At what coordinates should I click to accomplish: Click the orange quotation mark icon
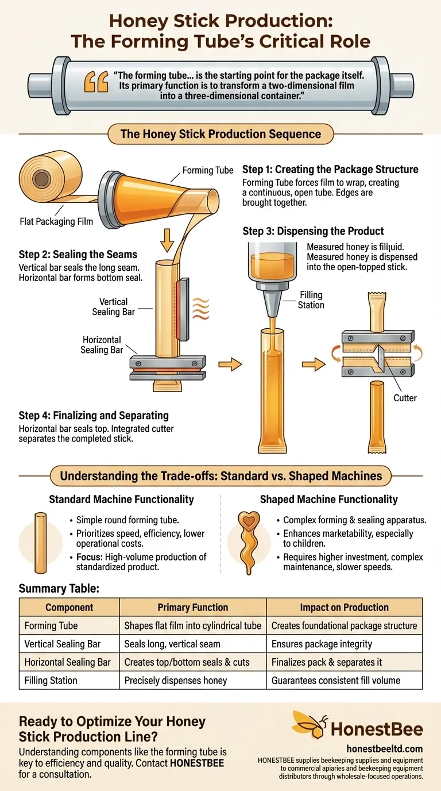[96, 82]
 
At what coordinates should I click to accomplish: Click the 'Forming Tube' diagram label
[208, 170]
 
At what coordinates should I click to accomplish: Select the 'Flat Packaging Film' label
[56, 220]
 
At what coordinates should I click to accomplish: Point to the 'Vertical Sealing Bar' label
[114, 306]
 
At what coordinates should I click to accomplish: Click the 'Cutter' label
[405, 397]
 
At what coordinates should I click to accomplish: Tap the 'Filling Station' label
[311, 299]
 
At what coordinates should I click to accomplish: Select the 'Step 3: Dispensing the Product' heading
[313, 231]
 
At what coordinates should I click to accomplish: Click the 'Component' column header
[69, 607]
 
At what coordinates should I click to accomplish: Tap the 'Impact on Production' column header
[344, 607]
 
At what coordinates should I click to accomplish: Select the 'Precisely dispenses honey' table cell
[176, 680]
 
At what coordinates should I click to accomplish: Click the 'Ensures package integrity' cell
[322, 644]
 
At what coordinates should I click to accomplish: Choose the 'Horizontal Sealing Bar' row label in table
[68, 662]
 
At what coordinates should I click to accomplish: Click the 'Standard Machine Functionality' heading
[121, 500]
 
